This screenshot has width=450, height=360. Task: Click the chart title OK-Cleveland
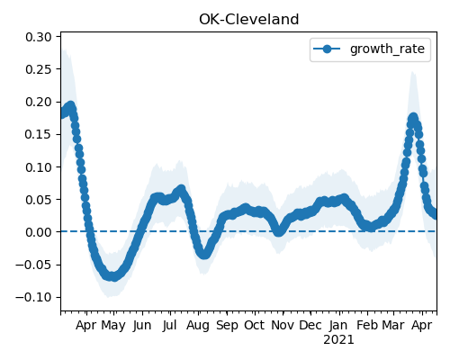click(248, 20)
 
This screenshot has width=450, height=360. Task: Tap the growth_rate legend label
click(387, 49)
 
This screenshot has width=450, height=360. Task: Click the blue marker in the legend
click(327, 49)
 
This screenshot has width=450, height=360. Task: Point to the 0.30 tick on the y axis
click(39, 37)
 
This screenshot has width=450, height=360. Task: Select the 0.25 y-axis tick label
click(39, 69)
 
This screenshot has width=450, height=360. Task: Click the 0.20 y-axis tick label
click(39, 102)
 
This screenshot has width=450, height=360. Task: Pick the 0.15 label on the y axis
click(39, 134)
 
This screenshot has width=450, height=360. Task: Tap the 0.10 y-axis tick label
click(39, 167)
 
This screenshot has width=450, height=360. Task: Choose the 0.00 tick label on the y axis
click(39, 232)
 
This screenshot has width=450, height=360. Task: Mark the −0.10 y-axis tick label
click(33, 297)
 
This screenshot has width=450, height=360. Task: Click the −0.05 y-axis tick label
click(33, 265)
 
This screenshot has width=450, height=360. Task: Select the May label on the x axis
click(113, 326)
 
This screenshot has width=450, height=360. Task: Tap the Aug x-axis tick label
click(198, 326)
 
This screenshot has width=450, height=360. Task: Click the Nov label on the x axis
click(283, 325)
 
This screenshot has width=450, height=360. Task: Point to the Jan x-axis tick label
click(338, 325)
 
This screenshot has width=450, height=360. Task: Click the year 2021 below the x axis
click(338, 340)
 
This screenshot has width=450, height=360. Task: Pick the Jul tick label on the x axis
click(170, 325)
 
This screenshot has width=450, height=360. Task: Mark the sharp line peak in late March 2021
click(413, 118)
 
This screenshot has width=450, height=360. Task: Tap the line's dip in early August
click(204, 255)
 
